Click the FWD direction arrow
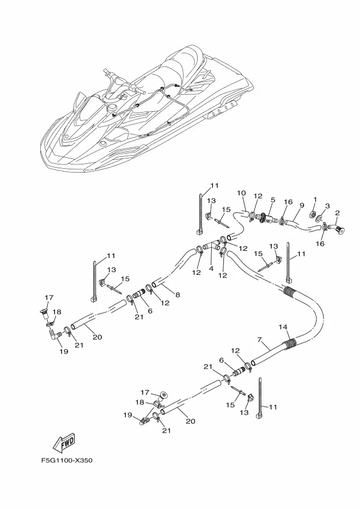(64, 443)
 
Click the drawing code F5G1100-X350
(67, 461)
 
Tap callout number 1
(315, 199)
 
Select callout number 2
(338, 213)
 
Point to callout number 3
(327, 206)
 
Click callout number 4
(211, 269)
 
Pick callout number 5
(273, 200)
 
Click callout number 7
(259, 340)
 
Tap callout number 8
(178, 295)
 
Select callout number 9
(302, 205)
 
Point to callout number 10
(241, 193)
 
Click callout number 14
(283, 327)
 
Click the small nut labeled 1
(314, 214)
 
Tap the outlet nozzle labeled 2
(337, 228)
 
